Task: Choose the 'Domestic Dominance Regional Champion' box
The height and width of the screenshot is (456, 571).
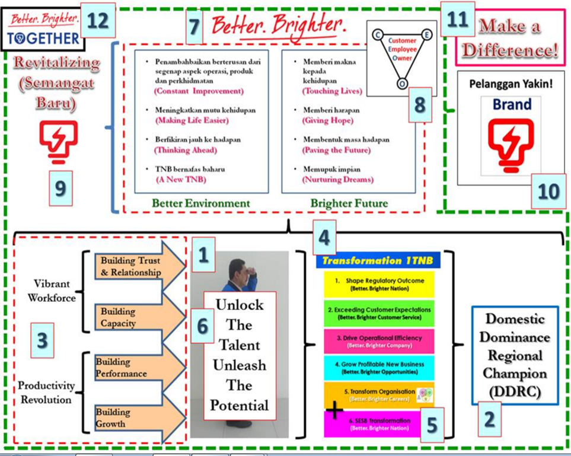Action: pos(515,355)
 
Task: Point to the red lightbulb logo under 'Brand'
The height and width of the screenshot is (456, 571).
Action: pos(511,144)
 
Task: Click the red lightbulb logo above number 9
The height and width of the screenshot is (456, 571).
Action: pos(59,143)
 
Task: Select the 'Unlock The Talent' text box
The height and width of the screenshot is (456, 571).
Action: pos(240,355)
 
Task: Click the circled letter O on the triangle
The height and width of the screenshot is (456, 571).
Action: pos(402,85)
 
